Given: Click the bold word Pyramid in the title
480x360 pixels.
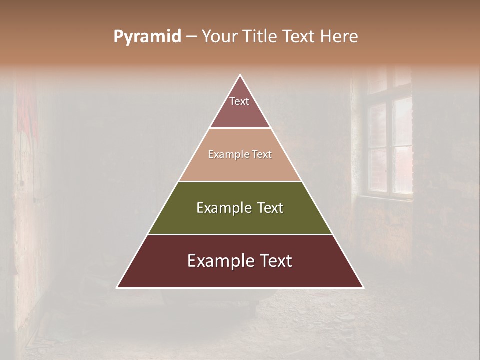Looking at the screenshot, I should (x=147, y=36).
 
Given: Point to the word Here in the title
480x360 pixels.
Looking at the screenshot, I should (x=339, y=36).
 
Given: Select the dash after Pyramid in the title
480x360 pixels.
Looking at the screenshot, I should (x=191, y=37).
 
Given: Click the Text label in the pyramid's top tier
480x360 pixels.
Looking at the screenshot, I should (x=239, y=101).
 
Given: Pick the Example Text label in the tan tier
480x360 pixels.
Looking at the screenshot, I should (x=240, y=154).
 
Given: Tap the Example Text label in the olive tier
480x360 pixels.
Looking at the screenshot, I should (x=240, y=208).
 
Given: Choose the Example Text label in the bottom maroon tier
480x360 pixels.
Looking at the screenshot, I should (x=240, y=261).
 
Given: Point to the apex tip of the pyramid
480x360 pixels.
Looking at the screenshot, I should (x=240, y=75).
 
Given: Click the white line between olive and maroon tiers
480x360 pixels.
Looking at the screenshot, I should (x=240, y=234).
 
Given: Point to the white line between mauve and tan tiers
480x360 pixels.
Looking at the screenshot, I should (x=240, y=128).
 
